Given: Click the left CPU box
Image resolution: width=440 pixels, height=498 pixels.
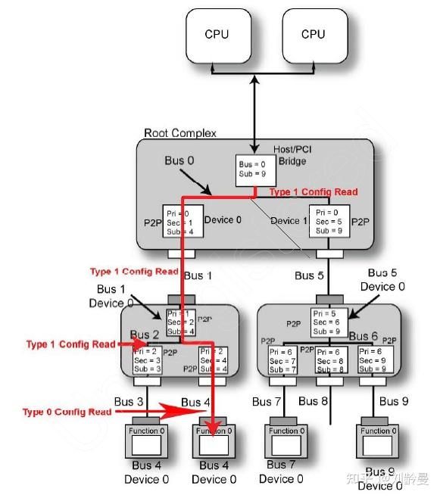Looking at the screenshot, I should pyautogui.click(x=216, y=36).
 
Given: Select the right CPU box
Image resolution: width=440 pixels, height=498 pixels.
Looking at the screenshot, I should pyautogui.click(x=312, y=36).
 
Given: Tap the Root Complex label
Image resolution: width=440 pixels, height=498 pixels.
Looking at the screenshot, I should pyautogui.click(x=179, y=133).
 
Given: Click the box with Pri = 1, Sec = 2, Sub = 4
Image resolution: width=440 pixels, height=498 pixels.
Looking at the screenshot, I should pyautogui.click(x=180, y=321).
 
